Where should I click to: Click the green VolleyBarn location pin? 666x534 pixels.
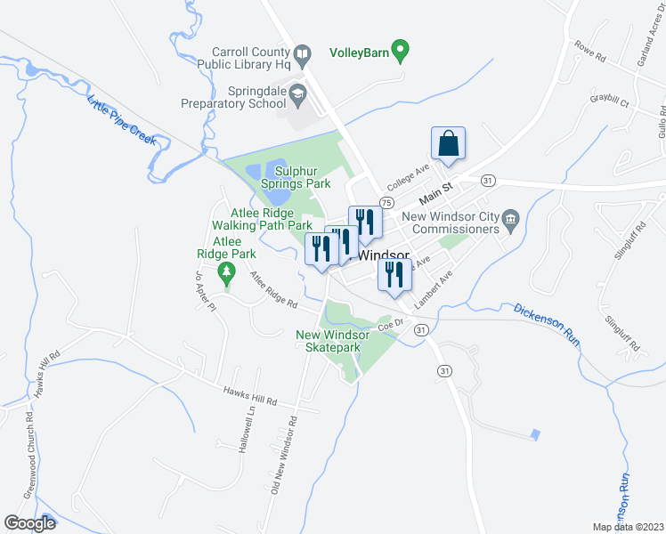402,52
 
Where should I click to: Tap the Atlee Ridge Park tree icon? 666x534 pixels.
229,271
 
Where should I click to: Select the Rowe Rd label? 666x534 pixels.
589,52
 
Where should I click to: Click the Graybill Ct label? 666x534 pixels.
609,102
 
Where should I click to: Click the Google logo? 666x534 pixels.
30,522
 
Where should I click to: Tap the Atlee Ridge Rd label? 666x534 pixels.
273,291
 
